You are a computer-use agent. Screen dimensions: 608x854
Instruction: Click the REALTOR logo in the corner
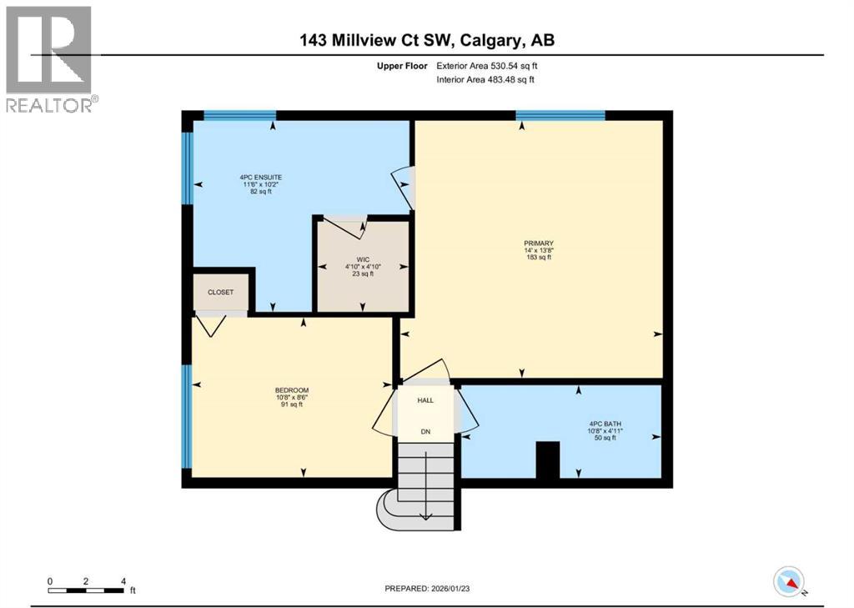pos(49,58)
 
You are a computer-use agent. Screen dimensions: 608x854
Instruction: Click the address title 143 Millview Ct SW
pos(426,39)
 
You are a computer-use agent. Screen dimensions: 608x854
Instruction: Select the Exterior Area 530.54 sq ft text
pos(492,65)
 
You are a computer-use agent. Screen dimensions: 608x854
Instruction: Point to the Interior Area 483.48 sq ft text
pos(485,79)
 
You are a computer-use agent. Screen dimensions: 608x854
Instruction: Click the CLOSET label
pos(221,292)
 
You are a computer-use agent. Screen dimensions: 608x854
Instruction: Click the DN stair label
pos(425,432)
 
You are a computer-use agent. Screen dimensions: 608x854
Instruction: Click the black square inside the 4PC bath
pos(547,460)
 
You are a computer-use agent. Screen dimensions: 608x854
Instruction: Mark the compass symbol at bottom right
pos(788,580)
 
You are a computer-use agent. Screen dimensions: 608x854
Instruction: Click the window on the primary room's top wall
pos(560,116)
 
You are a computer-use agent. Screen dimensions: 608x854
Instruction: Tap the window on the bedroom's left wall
pos(187,417)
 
